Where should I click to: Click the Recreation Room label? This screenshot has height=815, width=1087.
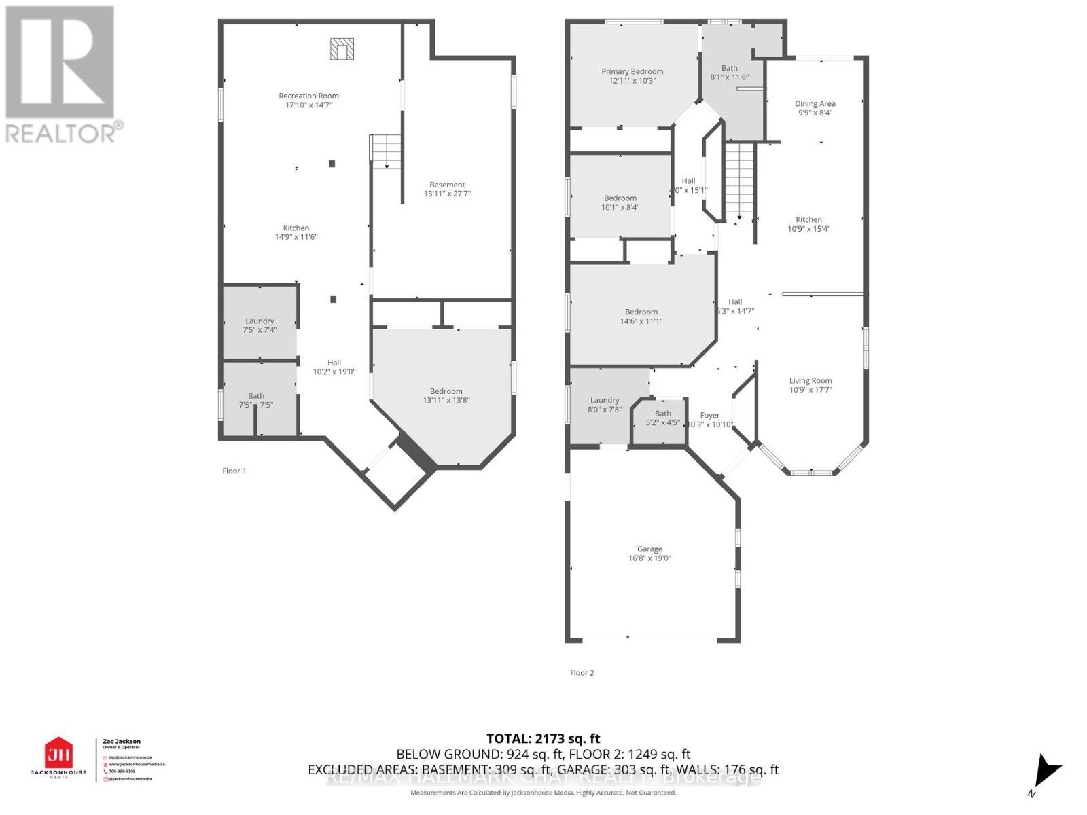click(308, 96)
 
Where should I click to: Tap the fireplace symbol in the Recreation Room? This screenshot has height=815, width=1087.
click(342, 49)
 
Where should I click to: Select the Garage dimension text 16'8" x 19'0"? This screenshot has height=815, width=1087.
click(649, 558)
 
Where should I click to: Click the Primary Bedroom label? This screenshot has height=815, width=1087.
click(632, 71)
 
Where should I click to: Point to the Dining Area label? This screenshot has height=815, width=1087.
click(815, 104)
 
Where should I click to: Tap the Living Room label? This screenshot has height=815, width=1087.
click(810, 381)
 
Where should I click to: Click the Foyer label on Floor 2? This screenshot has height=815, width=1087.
click(709, 415)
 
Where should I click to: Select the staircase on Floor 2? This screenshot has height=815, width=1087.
click(739, 181)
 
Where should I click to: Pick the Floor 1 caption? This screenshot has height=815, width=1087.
click(234, 471)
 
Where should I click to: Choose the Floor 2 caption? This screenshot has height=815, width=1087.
click(582, 673)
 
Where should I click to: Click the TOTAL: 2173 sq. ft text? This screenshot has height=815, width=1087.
click(543, 738)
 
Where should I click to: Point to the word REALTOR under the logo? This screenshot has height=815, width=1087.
click(61, 132)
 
